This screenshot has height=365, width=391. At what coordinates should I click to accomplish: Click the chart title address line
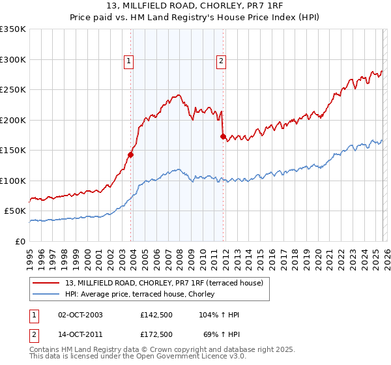coord(195,7)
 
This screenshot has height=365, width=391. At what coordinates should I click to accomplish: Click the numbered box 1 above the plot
coord(129,62)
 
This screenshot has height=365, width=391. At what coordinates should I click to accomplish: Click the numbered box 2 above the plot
coord(221,62)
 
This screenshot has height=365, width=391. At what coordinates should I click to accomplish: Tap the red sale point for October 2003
coord(130,154)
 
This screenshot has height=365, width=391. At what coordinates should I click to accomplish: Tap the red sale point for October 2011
coord(223,136)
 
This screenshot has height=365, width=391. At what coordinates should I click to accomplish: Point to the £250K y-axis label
coord(13,90)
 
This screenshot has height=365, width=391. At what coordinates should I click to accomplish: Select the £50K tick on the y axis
coord(16,211)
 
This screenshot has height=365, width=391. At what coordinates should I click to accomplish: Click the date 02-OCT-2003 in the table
coord(80,315)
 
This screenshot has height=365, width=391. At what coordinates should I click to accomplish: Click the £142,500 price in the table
coord(156,315)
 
